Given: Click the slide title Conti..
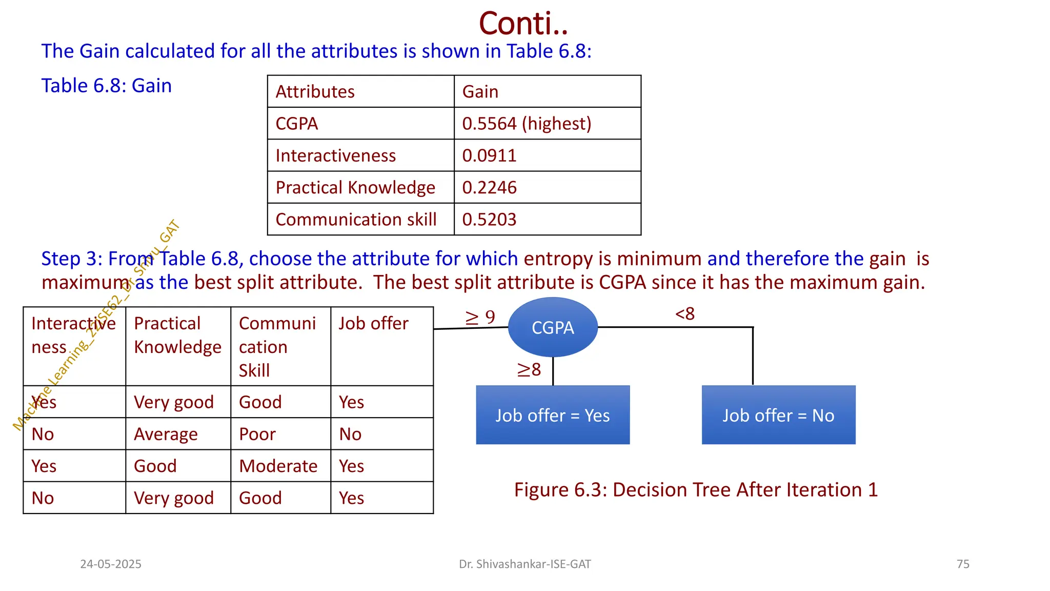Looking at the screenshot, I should pyautogui.click(x=523, y=24).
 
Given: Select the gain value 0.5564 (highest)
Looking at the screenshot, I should pyautogui.click(x=527, y=124).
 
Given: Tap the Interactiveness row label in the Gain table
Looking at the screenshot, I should pyautogui.click(x=335, y=155).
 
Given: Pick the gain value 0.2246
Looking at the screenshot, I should pyautogui.click(x=489, y=188).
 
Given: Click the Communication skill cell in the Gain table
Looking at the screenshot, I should pyautogui.click(x=356, y=220).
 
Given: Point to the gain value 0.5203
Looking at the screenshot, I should pyautogui.click(x=489, y=220).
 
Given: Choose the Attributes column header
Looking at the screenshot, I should pyautogui.click(x=315, y=92).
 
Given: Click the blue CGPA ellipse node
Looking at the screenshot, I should pyautogui.click(x=553, y=327).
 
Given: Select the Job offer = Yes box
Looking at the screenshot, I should pyautogui.click(x=553, y=415).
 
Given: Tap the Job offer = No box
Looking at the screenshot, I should pyautogui.click(x=778, y=415).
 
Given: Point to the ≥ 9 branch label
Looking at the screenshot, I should pyautogui.click(x=480, y=318).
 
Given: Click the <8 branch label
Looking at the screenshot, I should pyautogui.click(x=685, y=313).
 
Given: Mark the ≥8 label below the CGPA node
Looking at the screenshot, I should pyautogui.click(x=529, y=369).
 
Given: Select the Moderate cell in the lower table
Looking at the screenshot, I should pyautogui.click(x=278, y=466).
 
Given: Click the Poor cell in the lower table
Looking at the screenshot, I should pyautogui.click(x=257, y=434).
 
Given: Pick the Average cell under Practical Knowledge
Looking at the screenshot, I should pyautogui.click(x=166, y=434).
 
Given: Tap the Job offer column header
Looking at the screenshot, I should pyautogui.click(x=373, y=324).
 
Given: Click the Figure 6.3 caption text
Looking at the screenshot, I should pyautogui.click(x=696, y=490).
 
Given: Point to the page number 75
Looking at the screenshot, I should pyautogui.click(x=963, y=564).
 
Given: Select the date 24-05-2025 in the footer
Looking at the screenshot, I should pyautogui.click(x=111, y=564).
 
